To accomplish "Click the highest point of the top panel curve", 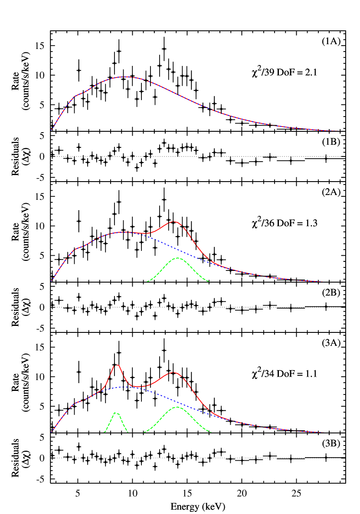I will tap(125, 77).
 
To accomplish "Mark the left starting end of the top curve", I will tap(52, 130).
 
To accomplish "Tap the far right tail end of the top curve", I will tap(338, 130).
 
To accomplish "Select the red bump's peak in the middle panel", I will tap(174, 221).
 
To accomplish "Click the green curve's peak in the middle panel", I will tap(178, 258).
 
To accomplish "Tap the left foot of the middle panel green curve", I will tap(147, 281).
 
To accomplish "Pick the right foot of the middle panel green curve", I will tap(209, 281).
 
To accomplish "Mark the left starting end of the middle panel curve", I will tap(51, 281).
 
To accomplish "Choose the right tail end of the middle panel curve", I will tap(323, 281).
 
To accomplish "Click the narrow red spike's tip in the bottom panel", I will tap(117, 365).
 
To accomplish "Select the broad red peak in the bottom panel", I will tap(173, 372).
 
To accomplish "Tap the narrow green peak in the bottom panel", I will tap(115, 413).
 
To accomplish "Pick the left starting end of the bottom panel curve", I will tap(52, 432).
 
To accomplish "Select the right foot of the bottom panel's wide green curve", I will tap(211, 432).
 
